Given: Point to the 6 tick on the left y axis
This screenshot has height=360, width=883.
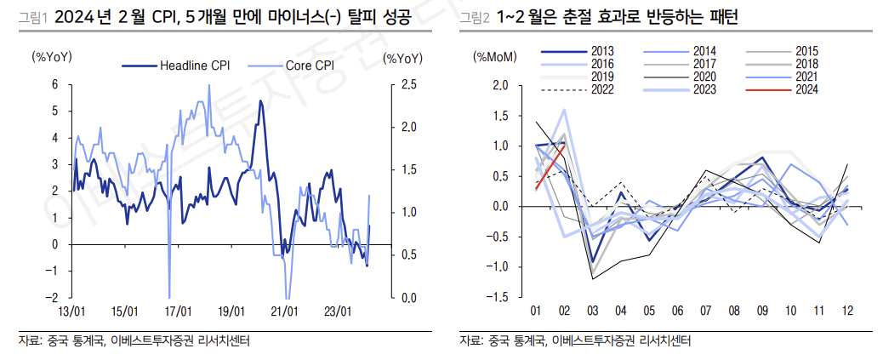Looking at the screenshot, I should [x=54, y=84].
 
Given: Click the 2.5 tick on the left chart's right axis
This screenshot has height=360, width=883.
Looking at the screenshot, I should [x=408, y=84].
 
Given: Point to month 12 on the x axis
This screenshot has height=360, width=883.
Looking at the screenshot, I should [x=847, y=311].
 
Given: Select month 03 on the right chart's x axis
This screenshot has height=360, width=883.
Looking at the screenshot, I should [x=593, y=311].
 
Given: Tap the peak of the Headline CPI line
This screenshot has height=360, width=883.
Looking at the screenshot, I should [x=260, y=101].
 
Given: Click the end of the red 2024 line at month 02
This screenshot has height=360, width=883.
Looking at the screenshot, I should [x=564, y=146].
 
